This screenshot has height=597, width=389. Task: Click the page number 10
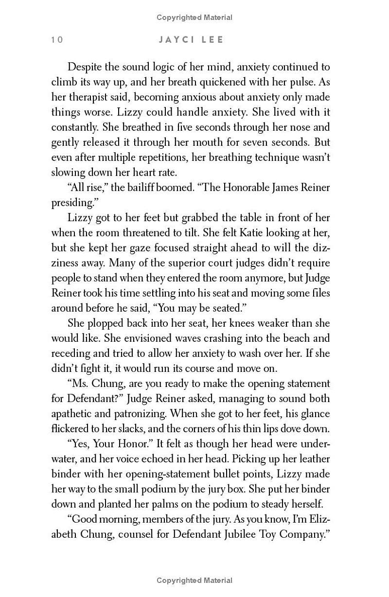(57, 40)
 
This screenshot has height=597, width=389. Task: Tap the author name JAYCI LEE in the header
(191, 40)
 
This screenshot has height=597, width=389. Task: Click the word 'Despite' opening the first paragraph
(84, 67)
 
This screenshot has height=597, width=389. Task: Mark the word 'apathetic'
(72, 414)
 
